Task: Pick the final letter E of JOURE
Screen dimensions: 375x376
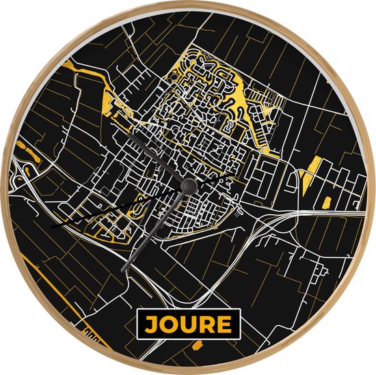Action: (x=226, y=324)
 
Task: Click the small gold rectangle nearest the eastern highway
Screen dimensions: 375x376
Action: (x=327, y=202)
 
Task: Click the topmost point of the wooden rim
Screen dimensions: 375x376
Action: (x=188, y=2)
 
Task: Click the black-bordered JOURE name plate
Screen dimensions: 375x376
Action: (x=187, y=324)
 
